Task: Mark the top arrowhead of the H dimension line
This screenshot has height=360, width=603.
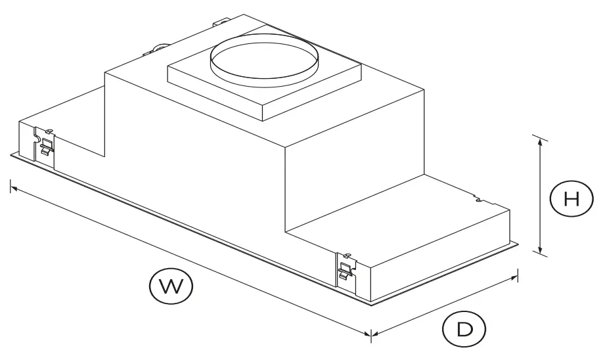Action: [540, 139]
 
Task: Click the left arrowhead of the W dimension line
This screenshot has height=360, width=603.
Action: [12, 188]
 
